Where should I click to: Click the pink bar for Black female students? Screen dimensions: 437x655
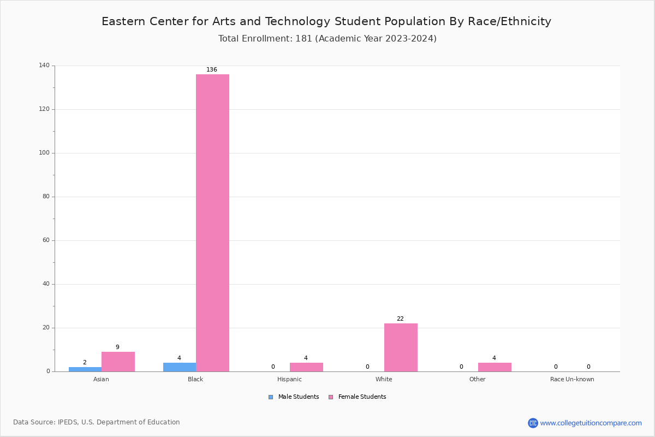pyautogui.click(x=212, y=223)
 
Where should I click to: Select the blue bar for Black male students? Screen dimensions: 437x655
pyautogui.click(x=179, y=367)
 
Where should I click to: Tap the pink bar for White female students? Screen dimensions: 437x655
pyautogui.click(x=401, y=347)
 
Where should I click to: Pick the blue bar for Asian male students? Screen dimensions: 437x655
pyautogui.click(x=85, y=369)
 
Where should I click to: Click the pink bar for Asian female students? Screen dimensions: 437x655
pyautogui.click(x=118, y=362)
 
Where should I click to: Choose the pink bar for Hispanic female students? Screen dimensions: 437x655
pyautogui.click(x=306, y=367)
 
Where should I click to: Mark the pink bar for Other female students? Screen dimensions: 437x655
pyautogui.click(x=495, y=367)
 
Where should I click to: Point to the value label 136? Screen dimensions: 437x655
pyautogui.click(x=212, y=70)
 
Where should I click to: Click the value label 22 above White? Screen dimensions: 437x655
pyautogui.click(x=400, y=319)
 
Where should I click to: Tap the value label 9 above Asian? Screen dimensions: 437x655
pyautogui.click(x=117, y=347)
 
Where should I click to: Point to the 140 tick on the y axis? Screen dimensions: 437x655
pyautogui.click(x=44, y=66)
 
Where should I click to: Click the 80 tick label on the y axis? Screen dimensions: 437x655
pyautogui.click(x=46, y=197)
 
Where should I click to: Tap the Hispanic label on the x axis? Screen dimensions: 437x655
pyautogui.click(x=289, y=379)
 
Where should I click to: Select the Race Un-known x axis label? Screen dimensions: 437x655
pyautogui.click(x=572, y=379)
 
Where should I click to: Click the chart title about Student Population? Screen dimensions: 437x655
pyautogui.click(x=326, y=21)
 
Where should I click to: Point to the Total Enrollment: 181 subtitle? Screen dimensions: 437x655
pyautogui.click(x=327, y=39)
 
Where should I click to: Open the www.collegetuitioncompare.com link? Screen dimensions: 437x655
pyautogui.click(x=591, y=423)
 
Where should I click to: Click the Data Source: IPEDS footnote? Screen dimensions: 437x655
pyautogui.click(x=97, y=422)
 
